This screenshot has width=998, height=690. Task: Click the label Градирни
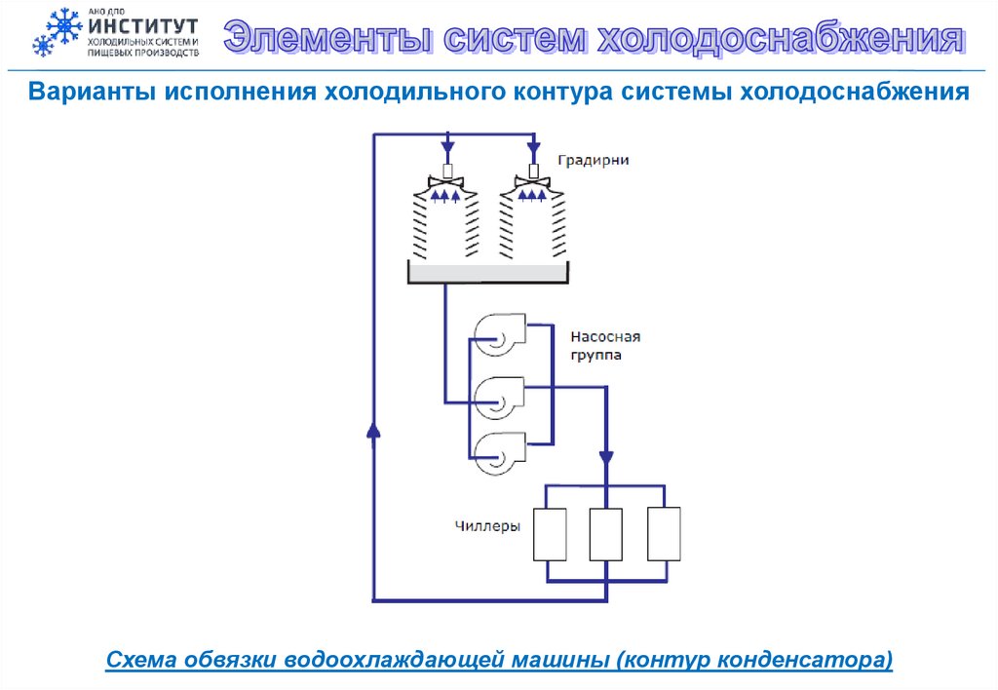click(594, 160)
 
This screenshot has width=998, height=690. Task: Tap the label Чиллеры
click(487, 526)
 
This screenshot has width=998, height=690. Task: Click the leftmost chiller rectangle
click(549, 534)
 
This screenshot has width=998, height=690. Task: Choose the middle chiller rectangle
click(605, 534)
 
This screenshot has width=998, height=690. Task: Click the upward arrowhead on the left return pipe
click(372, 430)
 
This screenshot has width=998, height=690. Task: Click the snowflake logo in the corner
click(57, 34)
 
